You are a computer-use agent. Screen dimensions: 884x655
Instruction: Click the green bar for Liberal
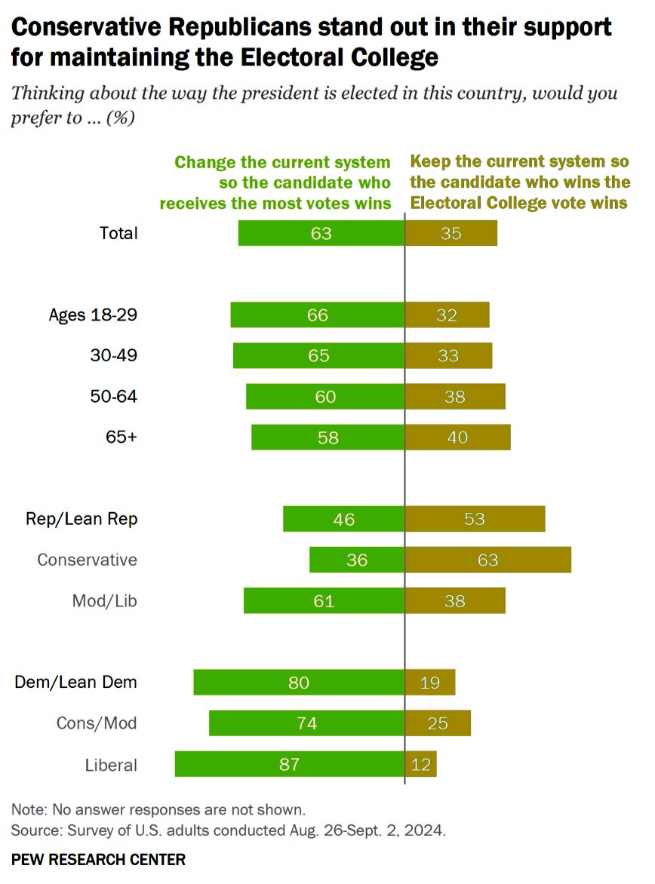289,764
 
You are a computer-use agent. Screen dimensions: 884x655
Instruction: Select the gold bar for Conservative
488,560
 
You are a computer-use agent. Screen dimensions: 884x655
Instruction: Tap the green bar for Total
321,233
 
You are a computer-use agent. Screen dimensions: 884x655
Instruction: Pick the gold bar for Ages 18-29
447,315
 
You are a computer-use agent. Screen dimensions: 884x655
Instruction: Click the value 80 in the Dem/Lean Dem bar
299,683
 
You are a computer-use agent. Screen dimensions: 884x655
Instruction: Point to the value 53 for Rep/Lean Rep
475,519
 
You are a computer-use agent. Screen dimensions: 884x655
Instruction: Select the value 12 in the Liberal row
421,765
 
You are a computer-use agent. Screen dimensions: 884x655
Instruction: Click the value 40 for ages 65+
457,437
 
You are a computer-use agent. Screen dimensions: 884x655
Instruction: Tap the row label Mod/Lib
104,601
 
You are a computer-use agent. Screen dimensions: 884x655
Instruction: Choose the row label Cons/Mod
97,723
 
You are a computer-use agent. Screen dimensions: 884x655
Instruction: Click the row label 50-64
113,396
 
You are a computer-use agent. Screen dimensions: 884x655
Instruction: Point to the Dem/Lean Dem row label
76,683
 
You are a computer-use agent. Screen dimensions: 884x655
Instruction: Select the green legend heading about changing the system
283,183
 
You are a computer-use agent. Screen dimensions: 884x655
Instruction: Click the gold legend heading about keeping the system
520,183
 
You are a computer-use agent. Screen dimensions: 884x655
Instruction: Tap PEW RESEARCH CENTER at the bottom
98,859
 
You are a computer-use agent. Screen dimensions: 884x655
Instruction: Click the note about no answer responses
158,810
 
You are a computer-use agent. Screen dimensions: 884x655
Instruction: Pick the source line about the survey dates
228,831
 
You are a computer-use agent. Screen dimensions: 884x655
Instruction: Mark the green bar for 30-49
318,355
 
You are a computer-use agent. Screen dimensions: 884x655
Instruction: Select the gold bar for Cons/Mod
438,723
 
